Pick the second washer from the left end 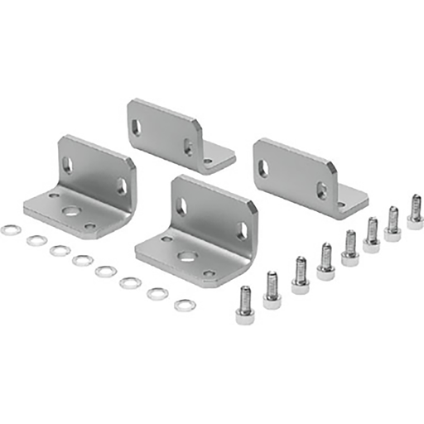36,241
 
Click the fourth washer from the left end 82,261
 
